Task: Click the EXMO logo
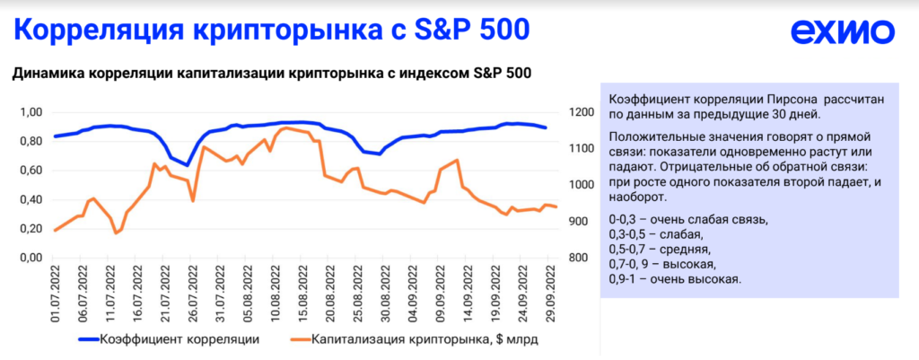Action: [x=842, y=32]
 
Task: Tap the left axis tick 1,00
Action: [x=31, y=112]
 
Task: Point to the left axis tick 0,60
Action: [x=31, y=171]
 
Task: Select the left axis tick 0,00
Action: [x=31, y=259]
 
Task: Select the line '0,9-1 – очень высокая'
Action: [x=675, y=279]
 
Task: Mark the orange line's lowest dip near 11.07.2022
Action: [x=116, y=233]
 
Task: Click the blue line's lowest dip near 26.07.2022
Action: [x=188, y=165]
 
